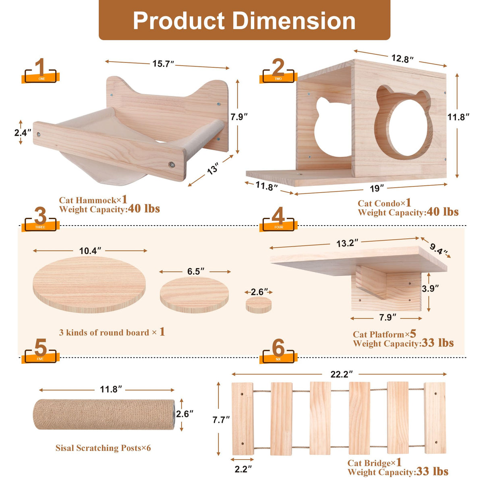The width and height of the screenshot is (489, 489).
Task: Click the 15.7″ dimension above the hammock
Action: point(163,63)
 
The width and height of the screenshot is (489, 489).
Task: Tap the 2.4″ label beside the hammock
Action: point(23,133)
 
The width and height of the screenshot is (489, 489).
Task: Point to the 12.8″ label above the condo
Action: point(402,59)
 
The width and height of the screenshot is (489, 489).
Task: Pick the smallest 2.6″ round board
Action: point(259,305)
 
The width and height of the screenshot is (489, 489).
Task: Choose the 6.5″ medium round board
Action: point(194,295)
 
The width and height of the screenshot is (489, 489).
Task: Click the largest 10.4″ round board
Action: point(89,285)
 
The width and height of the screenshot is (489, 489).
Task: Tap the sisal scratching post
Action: point(104,414)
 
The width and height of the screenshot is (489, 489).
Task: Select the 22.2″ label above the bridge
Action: point(342,374)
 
